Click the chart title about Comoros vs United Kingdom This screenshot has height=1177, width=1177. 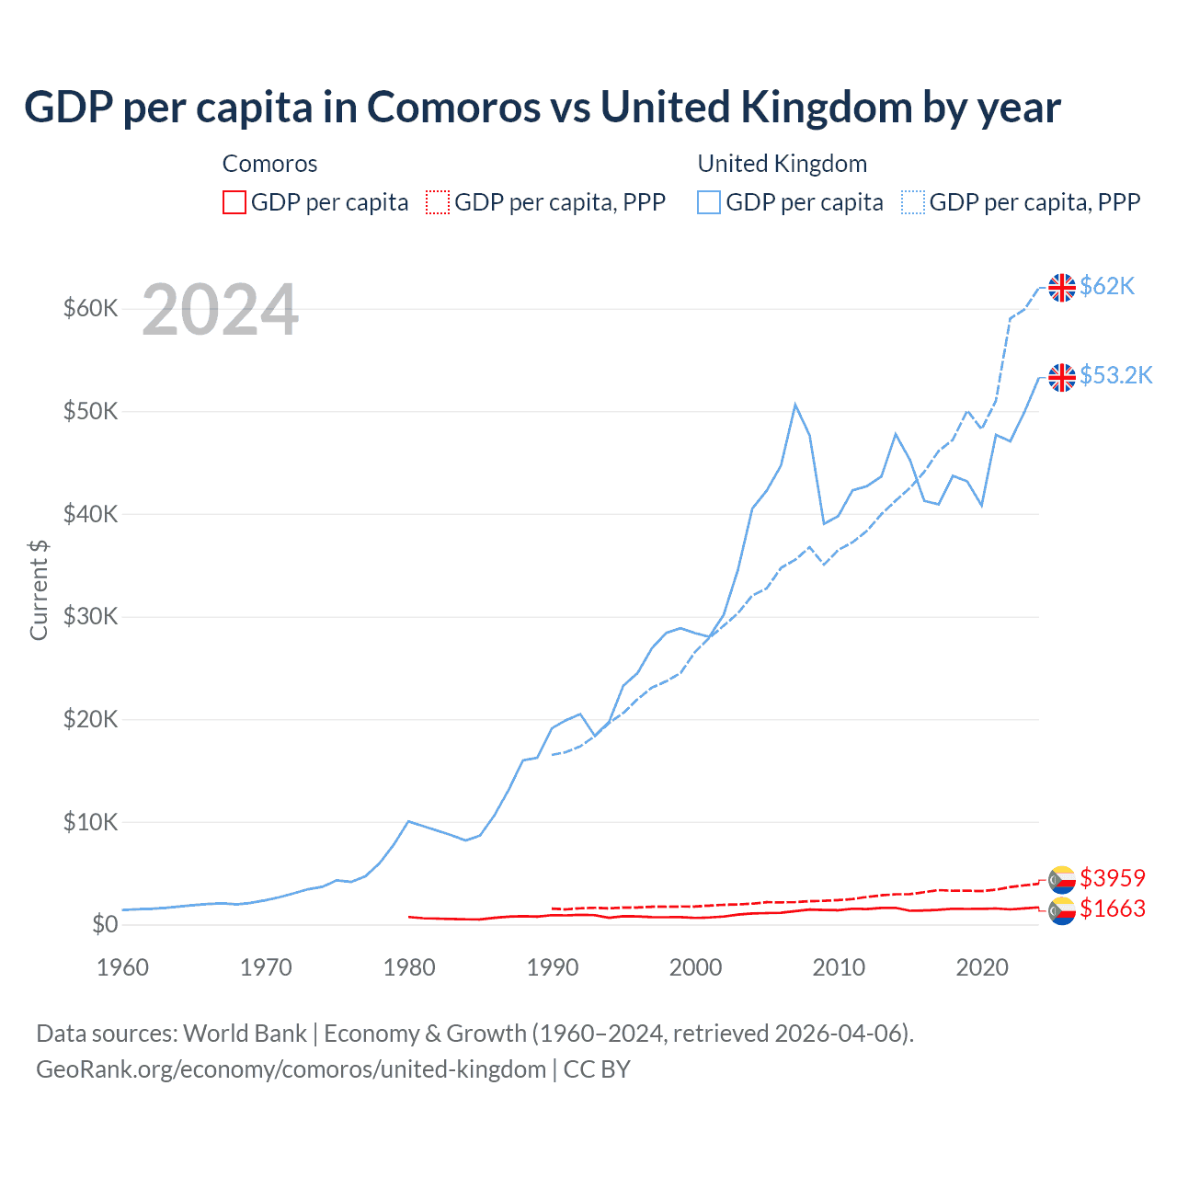click(x=543, y=108)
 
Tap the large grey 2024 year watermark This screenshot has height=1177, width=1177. click(x=220, y=311)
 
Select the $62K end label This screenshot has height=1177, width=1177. click(x=1107, y=287)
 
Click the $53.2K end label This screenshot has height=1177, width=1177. click(x=1115, y=376)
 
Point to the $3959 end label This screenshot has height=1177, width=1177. click(x=1113, y=878)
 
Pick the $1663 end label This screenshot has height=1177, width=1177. click(x=1113, y=909)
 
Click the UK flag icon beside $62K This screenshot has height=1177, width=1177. click(x=1062, y=288)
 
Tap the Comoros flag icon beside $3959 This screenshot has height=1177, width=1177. click(x=1062, y=879)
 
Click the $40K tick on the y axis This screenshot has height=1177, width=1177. click(x=90, y=514)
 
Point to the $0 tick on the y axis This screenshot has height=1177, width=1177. click(x=105, y=925)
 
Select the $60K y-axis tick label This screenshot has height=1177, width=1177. click(x=90, y=309)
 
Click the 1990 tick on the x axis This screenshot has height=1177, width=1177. click(x=553, y=967)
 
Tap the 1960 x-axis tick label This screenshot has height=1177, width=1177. click(x=123, y=967)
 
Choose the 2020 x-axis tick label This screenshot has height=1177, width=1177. click(x=982, y=967)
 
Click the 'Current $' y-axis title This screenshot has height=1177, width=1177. click(x=39, y=589)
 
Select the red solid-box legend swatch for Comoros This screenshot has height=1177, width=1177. click(x=234, y=202)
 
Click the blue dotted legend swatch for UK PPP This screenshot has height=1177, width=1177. click(x=913, y=202)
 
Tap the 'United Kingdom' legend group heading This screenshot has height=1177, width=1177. click(x=782, y=164)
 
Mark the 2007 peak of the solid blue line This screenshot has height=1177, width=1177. click(x=795, y=405)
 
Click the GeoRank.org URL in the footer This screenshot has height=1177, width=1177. click(x=291, y=1069)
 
